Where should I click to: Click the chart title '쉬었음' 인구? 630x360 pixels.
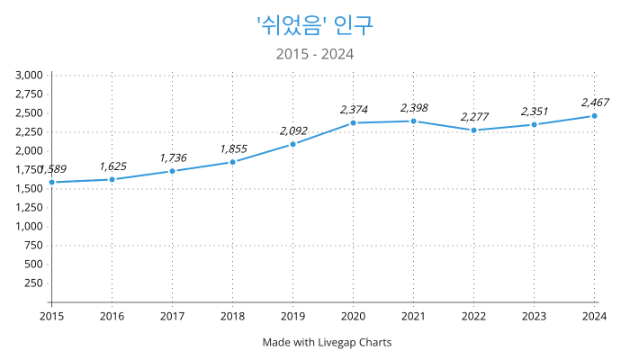[315, 24]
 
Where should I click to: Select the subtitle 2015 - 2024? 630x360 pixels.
[315, 54]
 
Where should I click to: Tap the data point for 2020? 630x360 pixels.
[353, 122]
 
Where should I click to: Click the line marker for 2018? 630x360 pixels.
[232, 162]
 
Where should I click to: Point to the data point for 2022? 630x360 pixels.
[473, 130]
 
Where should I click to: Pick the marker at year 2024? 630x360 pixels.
[594, 115]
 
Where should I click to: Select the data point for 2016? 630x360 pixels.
[112, 179]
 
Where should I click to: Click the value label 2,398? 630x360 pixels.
[414, 108]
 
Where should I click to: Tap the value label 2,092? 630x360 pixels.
[293, 130]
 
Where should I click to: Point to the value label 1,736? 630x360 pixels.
[173, 157]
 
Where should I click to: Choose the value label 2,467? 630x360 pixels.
[595, 102]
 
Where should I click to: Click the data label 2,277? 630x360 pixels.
[474, 117]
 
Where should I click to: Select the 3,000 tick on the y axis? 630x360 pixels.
[30, 76]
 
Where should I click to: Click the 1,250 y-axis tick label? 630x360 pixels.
[30, 207]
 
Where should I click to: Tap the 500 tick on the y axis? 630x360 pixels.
[34, 264]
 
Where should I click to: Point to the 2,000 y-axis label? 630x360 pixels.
[30, 150]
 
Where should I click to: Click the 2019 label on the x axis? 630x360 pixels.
[292, 316]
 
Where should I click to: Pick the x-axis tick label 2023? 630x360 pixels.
[534, 316]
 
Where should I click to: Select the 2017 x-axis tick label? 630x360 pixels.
[172, 316]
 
